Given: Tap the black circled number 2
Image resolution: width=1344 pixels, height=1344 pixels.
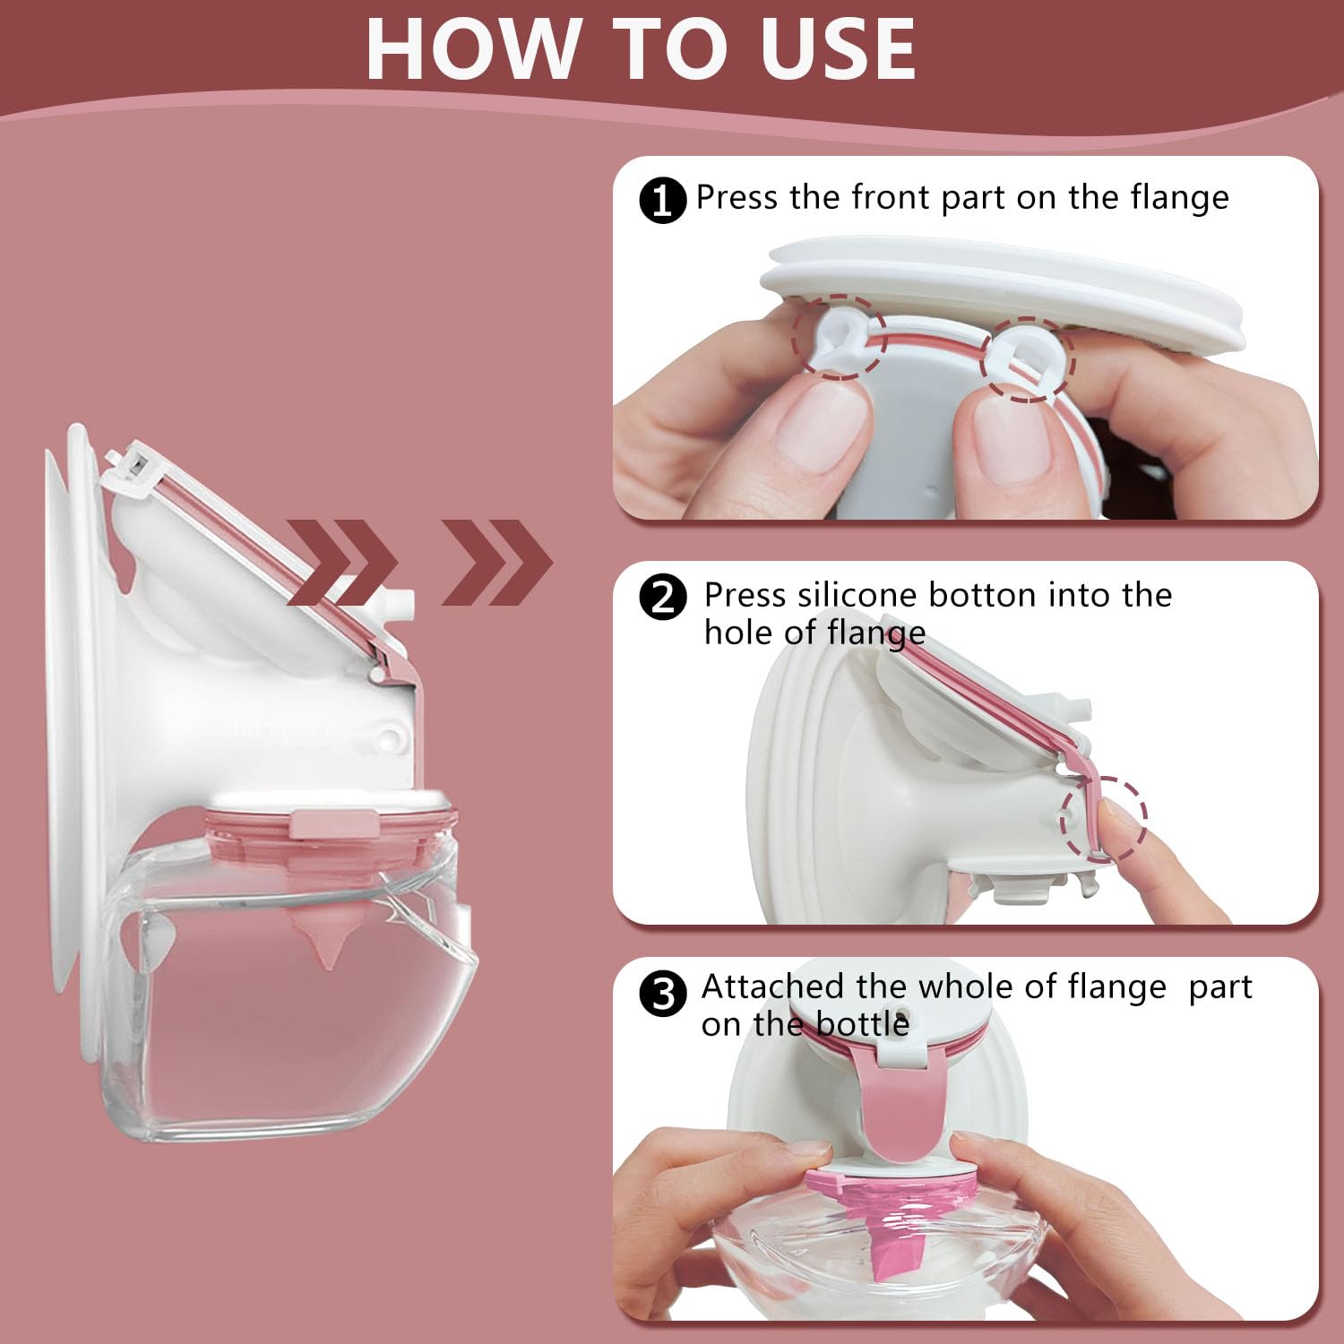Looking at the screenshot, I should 662,598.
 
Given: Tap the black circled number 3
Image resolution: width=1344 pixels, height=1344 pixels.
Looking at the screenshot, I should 662,994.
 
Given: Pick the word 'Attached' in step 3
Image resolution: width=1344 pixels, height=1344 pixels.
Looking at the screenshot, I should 773,987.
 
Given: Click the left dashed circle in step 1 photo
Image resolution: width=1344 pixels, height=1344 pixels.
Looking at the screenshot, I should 839,338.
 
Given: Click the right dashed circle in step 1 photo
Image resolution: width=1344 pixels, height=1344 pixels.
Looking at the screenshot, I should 1028,358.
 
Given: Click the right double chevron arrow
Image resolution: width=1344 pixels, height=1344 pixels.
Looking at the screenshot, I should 497,563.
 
